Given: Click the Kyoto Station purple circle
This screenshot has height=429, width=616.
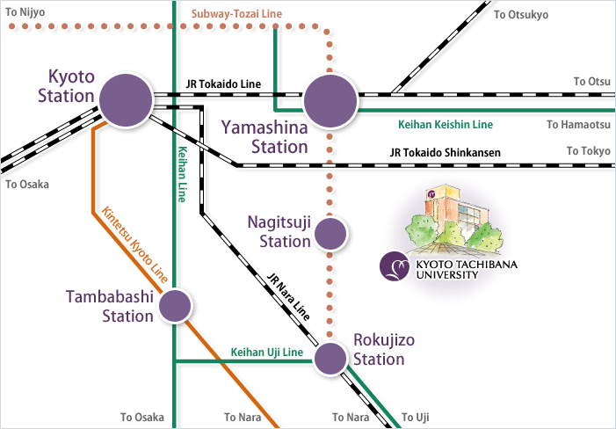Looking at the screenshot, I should (126, 99).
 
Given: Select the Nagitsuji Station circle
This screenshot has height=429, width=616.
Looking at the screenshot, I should (331, 233).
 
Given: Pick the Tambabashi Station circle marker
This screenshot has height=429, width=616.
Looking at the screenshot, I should (175, 305).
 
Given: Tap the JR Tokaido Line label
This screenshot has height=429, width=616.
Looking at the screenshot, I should (223, 84).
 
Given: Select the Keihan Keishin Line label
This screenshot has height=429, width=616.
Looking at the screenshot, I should (446, 125).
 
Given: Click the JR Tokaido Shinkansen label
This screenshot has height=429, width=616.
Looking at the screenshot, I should (445, 153).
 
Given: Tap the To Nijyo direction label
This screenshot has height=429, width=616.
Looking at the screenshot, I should (25, 11).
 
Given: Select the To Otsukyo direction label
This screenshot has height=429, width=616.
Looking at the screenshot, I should (520, 14).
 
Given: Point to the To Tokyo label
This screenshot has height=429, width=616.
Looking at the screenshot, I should (588, 151).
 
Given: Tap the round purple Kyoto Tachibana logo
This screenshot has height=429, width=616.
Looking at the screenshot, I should (393, 266).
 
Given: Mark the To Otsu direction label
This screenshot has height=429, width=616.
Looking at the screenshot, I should (591, 81).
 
